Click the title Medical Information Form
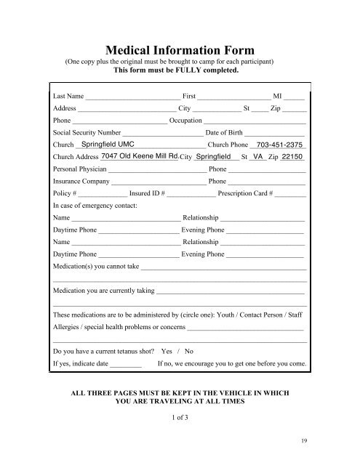[180, 50]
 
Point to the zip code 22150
[293, 156]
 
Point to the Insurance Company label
[81, 181]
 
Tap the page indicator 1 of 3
[180, 419]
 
